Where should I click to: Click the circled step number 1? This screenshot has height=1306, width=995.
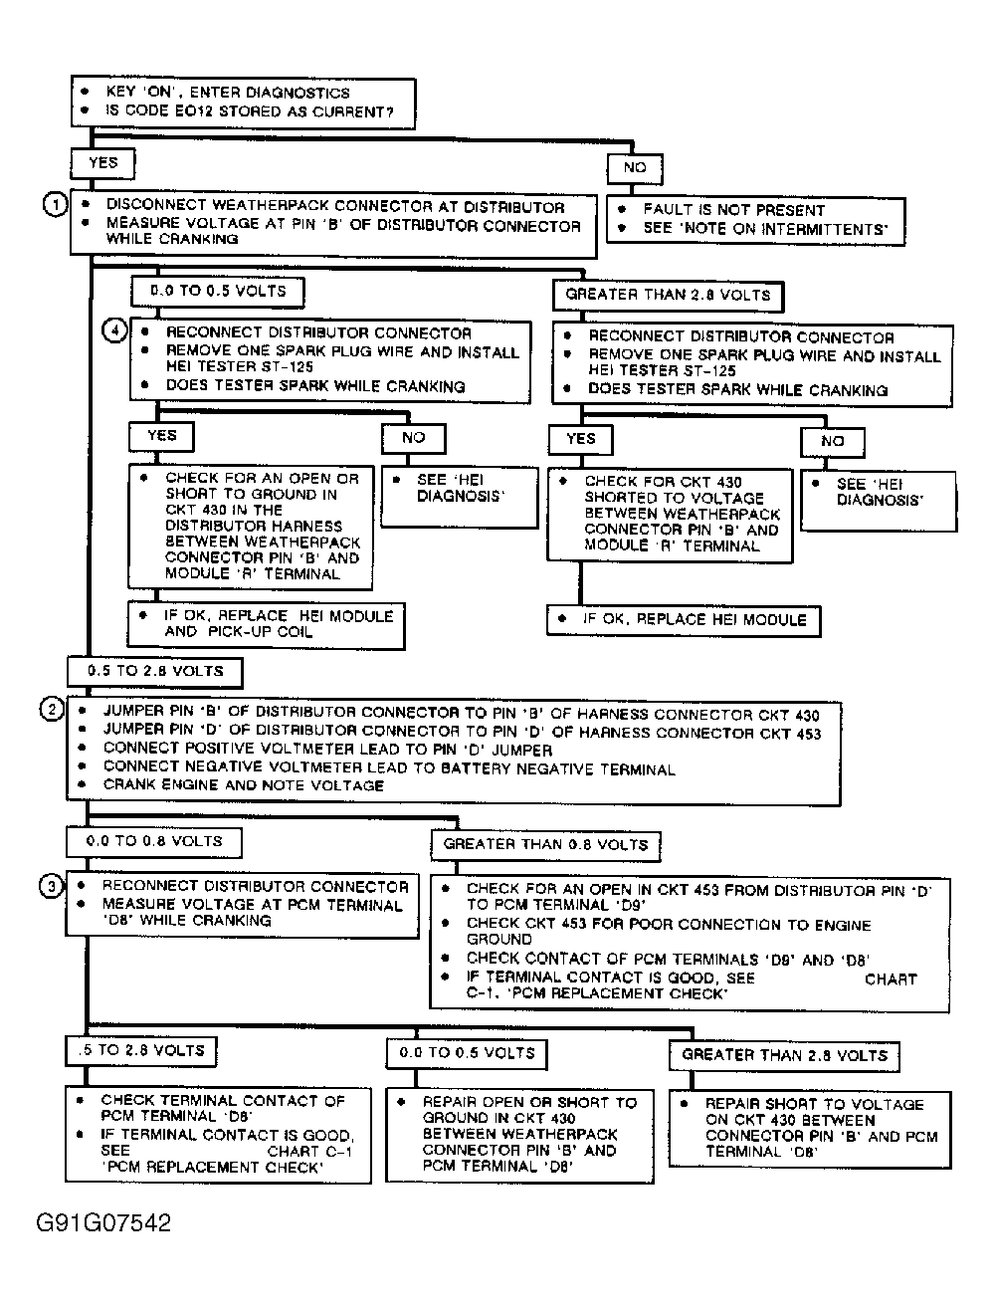tap(55, 204)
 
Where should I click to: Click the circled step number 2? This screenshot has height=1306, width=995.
tap(51, 710)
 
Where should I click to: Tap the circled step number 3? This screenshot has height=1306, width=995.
tap(51, 884)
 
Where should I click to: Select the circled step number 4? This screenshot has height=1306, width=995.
tap(115, 330)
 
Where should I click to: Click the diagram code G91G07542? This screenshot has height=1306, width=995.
tap(103, 1222)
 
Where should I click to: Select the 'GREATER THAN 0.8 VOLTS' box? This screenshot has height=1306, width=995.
tap(545, 845)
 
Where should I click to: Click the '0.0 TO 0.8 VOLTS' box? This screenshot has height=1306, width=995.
tap(153, 841)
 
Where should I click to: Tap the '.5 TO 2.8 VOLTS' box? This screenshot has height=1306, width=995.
tap(141, 1050)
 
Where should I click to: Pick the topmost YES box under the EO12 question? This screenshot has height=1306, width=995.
tap(102, 163)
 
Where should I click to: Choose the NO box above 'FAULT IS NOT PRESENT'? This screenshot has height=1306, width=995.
tap(634, 168)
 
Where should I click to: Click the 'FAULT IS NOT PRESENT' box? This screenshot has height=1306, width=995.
tap(756, 220)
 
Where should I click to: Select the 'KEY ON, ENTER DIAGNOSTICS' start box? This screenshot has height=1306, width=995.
tap(242, 102)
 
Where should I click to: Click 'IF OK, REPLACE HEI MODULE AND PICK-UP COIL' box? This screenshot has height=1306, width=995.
tap(266, 624)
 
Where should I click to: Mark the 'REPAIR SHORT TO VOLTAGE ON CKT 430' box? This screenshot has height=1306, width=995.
tap(809, 1128)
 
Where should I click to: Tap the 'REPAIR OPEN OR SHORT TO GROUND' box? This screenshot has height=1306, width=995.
tap(520, 1134)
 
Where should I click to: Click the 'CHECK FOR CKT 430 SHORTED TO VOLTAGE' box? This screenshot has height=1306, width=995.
tap(670, 514)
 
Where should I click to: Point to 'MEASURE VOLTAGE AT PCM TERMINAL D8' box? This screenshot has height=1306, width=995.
tap(242, 903)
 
